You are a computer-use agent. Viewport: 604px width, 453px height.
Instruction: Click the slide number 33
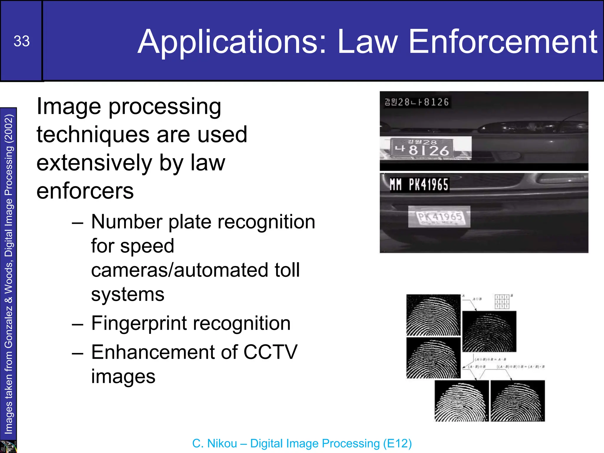click(22, 41)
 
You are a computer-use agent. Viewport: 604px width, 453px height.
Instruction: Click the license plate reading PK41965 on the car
click(439, 217)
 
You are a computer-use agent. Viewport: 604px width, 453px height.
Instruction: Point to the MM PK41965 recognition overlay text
click(419, 185)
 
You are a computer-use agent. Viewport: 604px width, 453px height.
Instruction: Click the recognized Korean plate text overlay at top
click(416, 102)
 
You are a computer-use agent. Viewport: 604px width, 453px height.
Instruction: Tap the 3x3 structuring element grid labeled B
click(502, 301)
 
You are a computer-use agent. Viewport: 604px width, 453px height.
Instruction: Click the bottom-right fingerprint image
click(518, 401)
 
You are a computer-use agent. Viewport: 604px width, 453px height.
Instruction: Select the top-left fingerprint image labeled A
click(433, 315)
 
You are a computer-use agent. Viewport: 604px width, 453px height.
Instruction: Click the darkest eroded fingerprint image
click(489, 331)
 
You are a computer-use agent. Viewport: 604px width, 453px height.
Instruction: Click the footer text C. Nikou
click(214, 444)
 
